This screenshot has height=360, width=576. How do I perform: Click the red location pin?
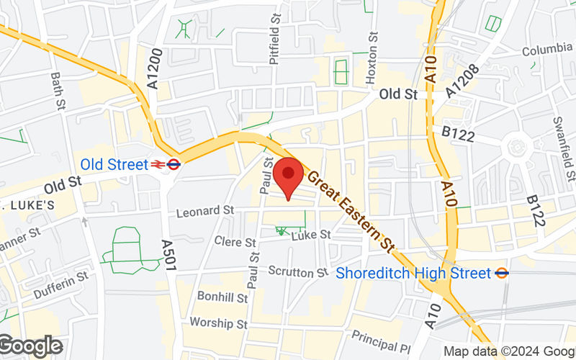289,175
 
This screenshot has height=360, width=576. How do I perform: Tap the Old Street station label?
114,164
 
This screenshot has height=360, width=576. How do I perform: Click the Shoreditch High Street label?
414,274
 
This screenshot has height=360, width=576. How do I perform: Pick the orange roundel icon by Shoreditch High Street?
503,273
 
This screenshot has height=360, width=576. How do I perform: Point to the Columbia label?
547,51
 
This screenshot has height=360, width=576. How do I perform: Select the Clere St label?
235,243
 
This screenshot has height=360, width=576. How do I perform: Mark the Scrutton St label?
298,272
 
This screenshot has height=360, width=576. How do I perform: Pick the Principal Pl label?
381,336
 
